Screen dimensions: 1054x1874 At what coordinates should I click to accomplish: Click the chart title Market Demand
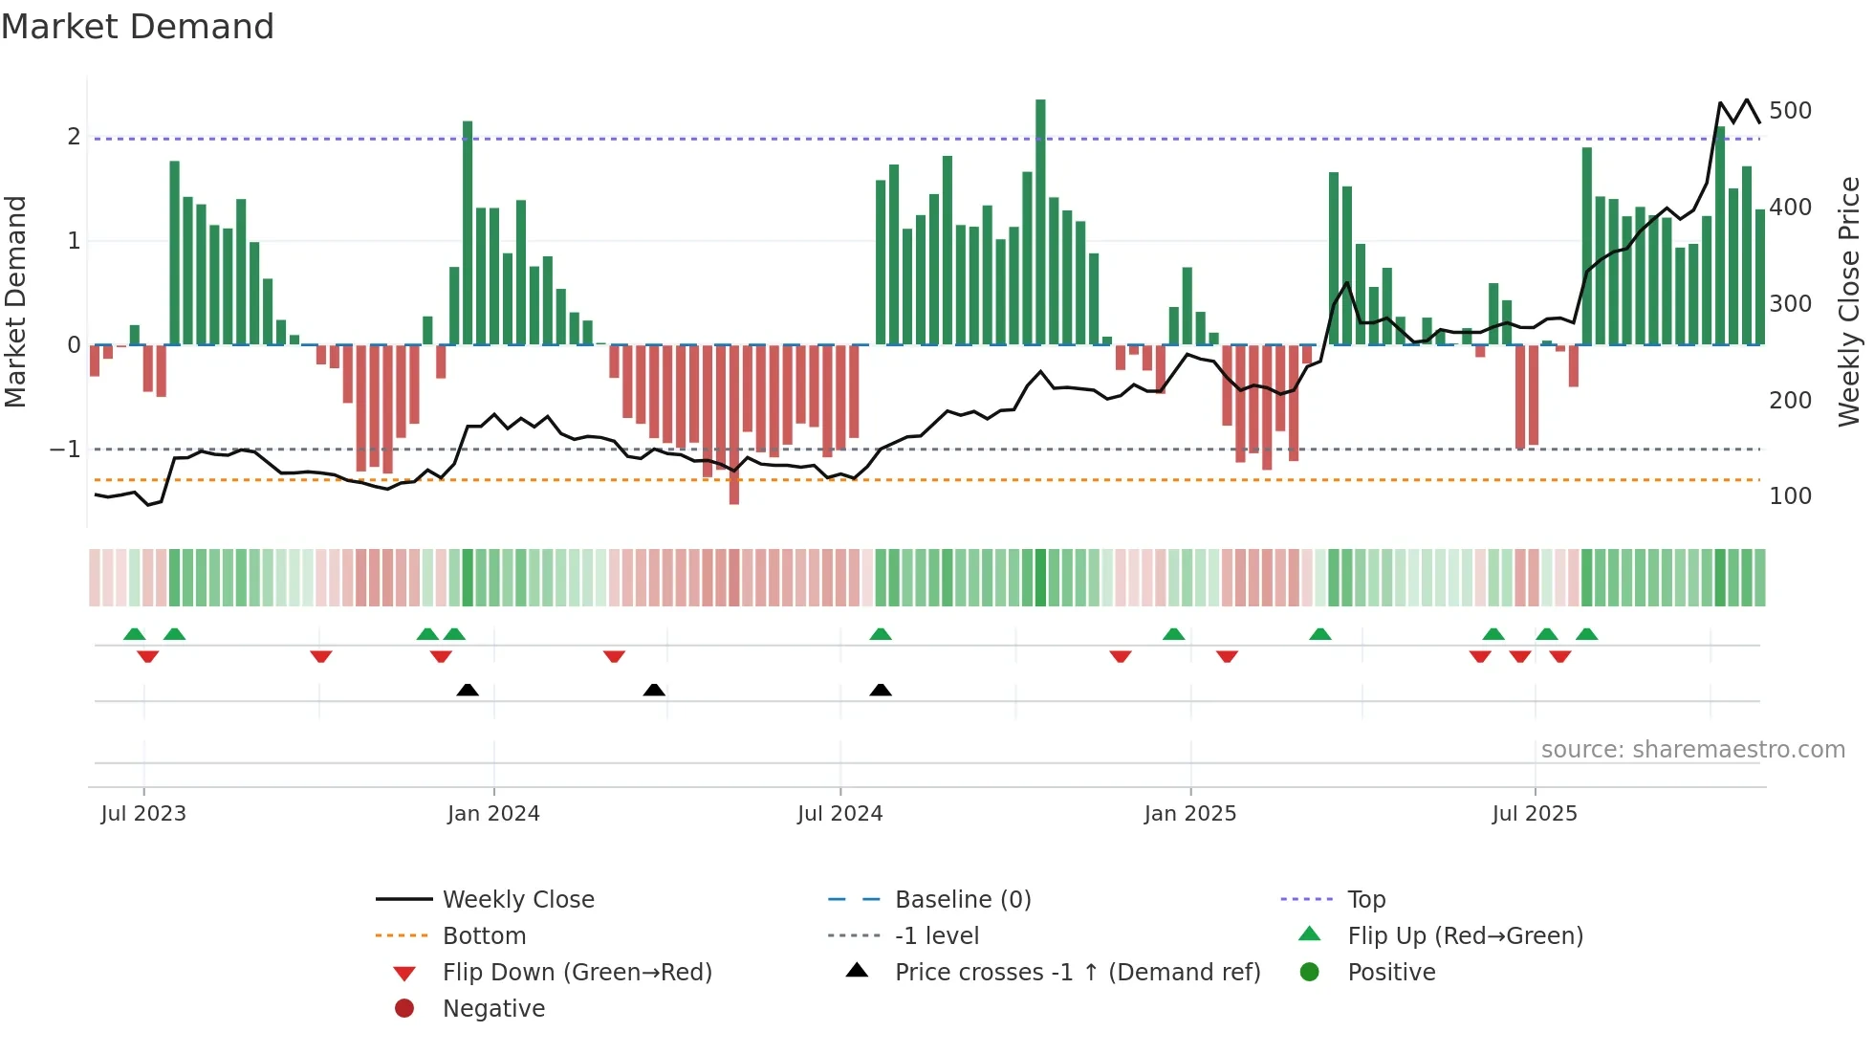[x=138, y=27]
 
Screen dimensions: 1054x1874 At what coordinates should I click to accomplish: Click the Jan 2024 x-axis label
[x=493, y=814]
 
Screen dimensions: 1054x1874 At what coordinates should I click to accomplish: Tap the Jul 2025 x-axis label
[x=1535, y=814]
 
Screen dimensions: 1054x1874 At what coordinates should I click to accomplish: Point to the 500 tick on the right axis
[x=1790, y=111]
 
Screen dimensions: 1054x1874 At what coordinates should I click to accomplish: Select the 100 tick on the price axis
[x=1790, y=496]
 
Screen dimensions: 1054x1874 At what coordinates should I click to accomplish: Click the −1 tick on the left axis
[x=65, y=449]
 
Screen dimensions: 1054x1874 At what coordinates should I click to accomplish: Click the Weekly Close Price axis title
[x=1849, y=301]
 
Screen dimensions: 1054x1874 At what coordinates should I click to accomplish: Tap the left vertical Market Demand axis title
[x=15, y=301]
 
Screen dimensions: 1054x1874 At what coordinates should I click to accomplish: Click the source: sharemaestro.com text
[x=1692, y=750]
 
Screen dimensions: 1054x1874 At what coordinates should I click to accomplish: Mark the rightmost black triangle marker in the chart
[x=881, y=690]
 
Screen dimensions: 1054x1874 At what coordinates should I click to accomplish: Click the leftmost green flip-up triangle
[x=135, y=634]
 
